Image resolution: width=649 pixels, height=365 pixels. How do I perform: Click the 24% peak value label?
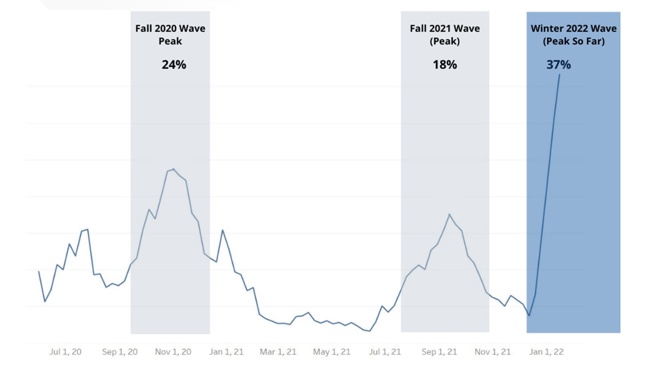pos(174,65)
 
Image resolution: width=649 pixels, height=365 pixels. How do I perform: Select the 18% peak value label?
pos(445,65)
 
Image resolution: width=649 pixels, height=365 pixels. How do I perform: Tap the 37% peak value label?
pos(558,65)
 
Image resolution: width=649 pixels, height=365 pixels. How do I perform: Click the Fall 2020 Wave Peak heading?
pos(170,34)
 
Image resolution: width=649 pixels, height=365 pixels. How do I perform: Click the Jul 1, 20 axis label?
pos(65,352)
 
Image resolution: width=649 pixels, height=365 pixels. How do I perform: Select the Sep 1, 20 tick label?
pos(120,352)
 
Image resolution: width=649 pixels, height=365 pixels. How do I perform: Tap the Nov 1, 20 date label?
pos(173,352)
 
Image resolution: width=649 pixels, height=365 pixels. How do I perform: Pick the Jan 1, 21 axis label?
pos(226,352)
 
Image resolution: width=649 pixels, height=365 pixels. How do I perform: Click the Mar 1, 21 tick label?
pos(278,352)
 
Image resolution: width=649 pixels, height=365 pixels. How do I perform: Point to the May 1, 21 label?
pos(332,352)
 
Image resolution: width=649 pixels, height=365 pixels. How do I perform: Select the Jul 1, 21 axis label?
pos(385,352)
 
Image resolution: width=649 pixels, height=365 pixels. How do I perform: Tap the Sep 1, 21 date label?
pos(439,352)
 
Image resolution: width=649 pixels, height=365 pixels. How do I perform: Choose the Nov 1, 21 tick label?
pos(492,352)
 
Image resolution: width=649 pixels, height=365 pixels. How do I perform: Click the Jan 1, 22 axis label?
pos(546,352)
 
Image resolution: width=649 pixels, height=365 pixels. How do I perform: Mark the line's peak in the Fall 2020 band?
pos(173,169)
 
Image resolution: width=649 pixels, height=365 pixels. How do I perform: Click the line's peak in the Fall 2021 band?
pos(449,214)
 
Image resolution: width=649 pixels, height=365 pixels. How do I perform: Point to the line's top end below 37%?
pos(559,75)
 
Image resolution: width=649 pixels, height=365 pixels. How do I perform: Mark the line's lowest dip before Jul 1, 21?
pos(369,331)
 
